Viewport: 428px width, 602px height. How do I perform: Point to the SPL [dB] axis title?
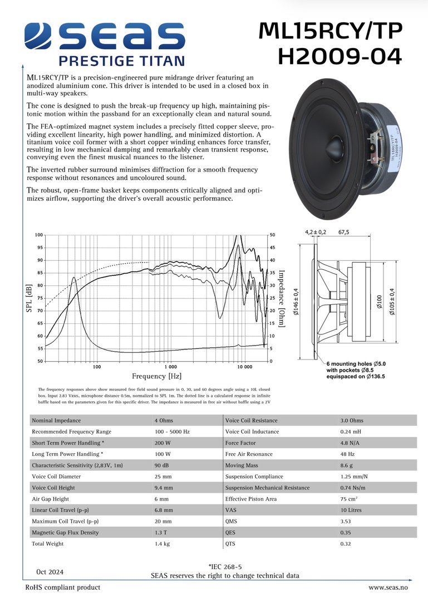29,298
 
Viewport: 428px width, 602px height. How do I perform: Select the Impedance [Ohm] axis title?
282,298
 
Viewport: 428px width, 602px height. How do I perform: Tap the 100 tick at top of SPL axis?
39,235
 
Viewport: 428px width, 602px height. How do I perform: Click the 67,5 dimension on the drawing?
343,232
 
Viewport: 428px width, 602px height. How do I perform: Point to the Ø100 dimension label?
379,303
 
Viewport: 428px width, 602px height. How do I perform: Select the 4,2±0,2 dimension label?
316,232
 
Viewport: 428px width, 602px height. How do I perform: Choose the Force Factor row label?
240,443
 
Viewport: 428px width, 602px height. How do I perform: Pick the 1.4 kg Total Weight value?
163,543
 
